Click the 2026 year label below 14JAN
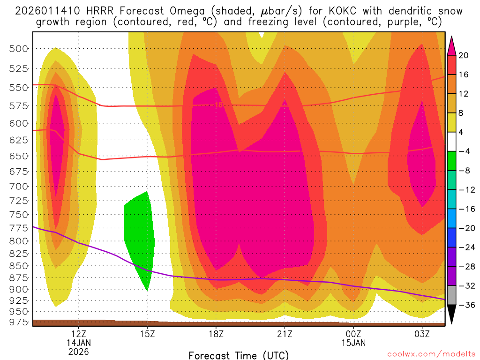pos(78,351)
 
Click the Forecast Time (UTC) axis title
pos(239,355)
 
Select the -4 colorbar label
pos(464,152)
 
